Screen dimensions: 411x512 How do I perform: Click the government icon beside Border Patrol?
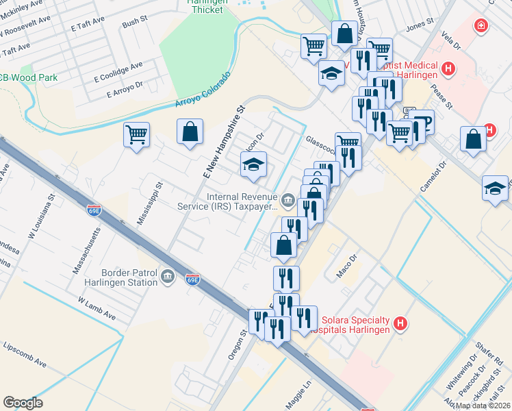click(x=167, y=277)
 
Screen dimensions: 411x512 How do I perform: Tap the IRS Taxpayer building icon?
click(x=287, y=201)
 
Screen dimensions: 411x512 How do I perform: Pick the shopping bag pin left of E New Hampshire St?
click(x=190, y=133)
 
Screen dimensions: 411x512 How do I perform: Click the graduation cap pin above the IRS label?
click(x=253, y=166)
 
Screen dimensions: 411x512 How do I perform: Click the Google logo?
click(x=23, y=403)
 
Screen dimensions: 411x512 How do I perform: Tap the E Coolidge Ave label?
click(x=118, y=71)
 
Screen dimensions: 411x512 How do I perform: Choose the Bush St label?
click(x=130, y=24)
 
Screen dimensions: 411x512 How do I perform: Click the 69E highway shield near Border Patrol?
click(x=193, y=279)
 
